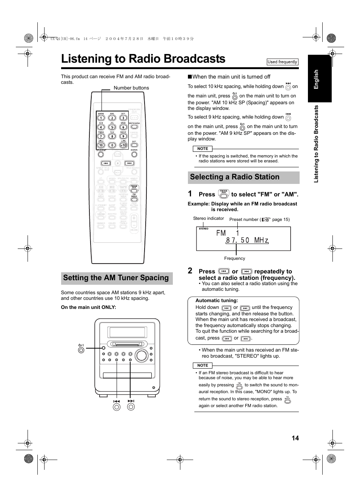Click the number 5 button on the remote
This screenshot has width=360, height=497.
point(112,127)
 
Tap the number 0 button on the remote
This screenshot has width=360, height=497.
point(112,145)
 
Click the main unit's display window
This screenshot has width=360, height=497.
point(127,332)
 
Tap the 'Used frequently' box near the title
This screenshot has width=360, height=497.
point(282,62)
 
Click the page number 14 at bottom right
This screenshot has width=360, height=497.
point(295,438)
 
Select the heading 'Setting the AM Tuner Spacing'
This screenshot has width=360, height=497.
point(116,278)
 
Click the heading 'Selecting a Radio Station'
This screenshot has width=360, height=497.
point(235,177)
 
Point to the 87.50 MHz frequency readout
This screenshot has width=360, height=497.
point(247,240)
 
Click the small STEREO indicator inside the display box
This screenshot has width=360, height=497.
point(203,229)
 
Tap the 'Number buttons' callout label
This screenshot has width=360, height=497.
point(131,88)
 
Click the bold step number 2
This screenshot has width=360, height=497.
point(190,271)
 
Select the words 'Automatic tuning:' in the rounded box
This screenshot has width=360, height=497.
point(217,301)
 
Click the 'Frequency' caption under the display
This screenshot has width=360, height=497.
point(234,258)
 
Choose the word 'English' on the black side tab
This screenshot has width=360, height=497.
point(317,79)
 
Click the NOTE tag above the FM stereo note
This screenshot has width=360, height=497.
point(203,366)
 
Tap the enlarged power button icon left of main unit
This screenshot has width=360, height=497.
point(81,350)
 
